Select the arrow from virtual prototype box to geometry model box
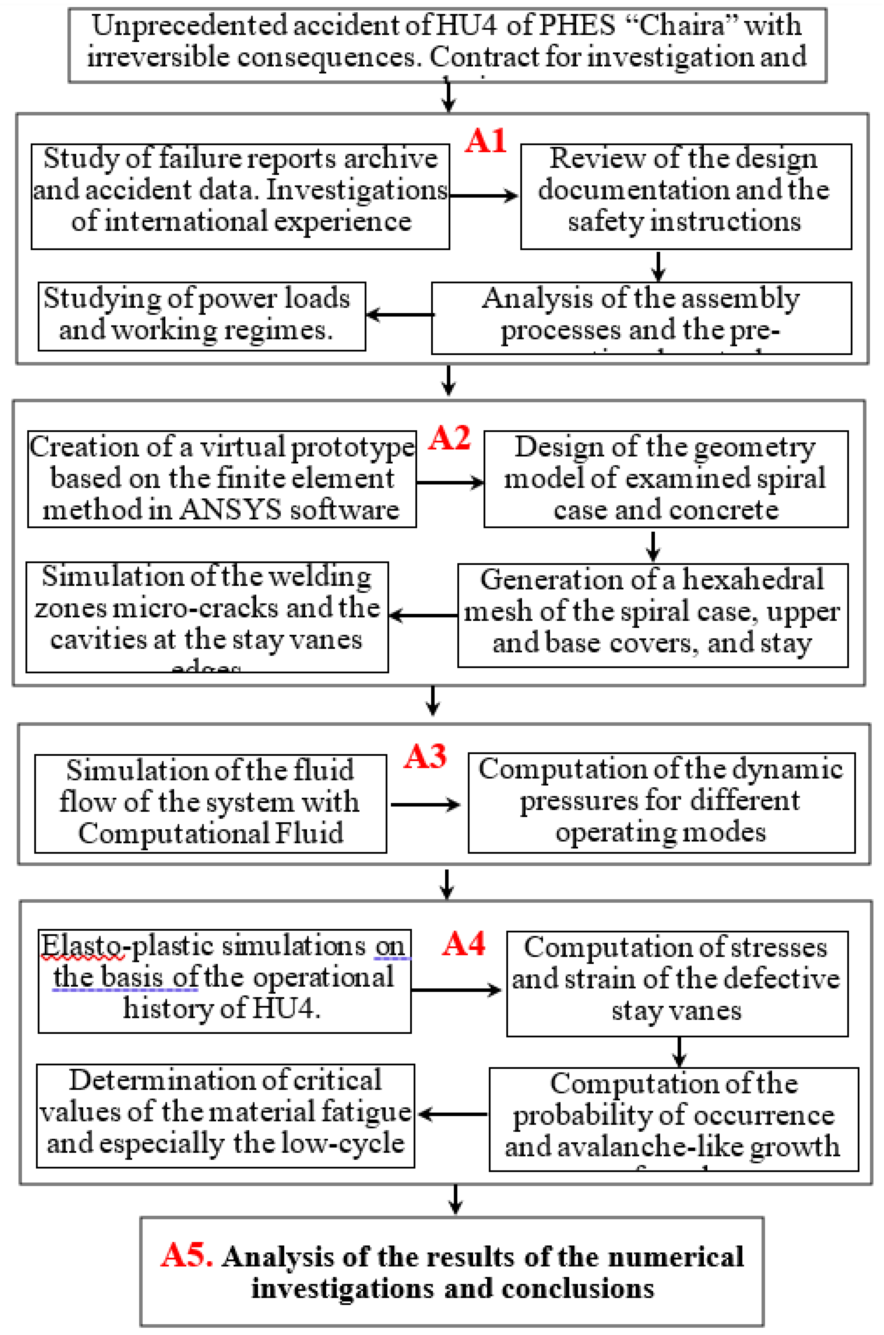pos(450,483)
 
